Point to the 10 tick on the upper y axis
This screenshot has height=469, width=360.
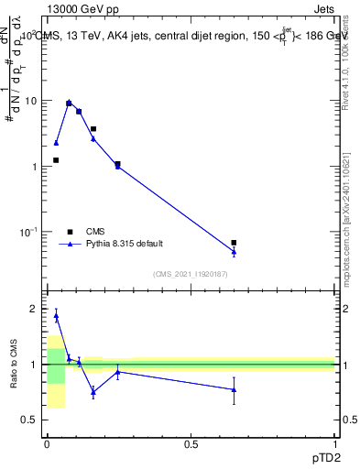tap(30, 101)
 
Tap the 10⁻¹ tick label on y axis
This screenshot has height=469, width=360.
tap(28, 232)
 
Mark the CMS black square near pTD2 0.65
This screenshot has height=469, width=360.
tap(234, 243)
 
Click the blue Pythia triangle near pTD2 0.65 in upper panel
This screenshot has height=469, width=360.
tap(234, 252)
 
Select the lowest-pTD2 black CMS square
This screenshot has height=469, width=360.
tap(56, 160)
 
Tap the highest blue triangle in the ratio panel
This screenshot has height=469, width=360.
tap(56, 316)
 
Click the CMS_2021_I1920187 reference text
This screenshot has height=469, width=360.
tap(191, 274)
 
